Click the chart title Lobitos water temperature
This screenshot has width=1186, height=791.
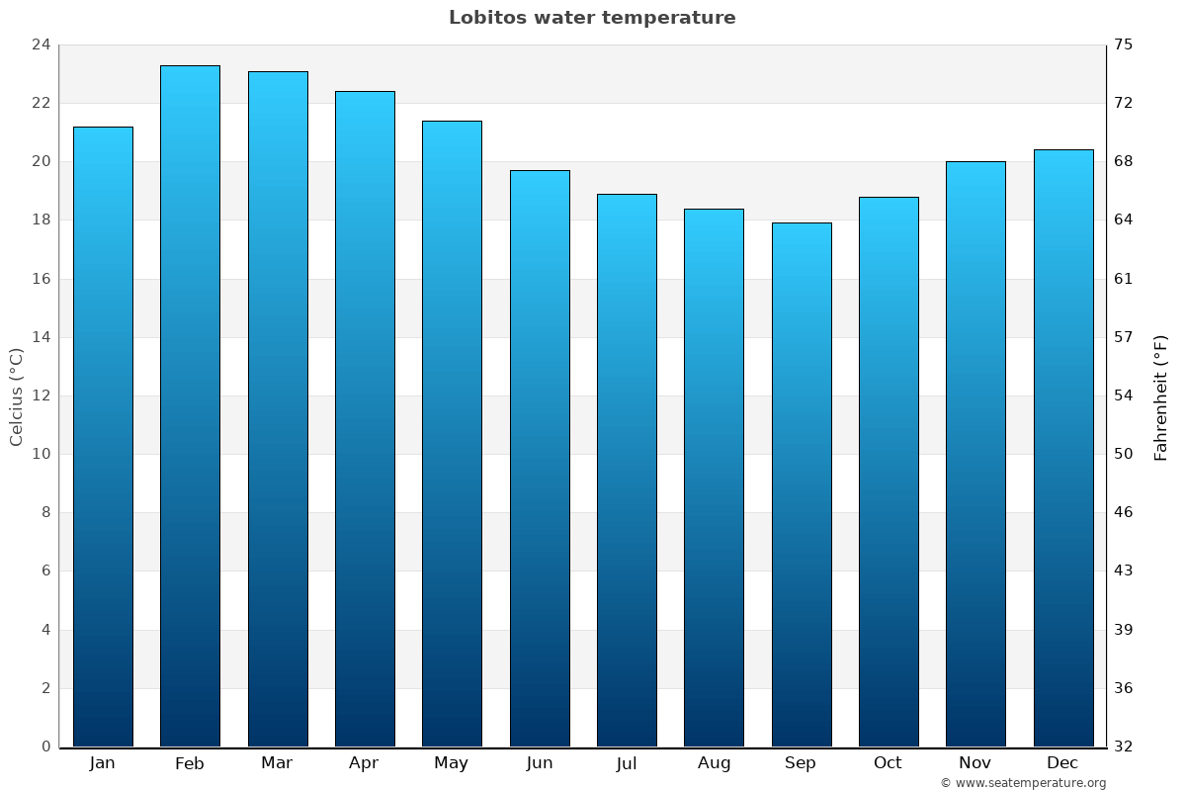[592, 18]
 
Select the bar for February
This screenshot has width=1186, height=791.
[190, 405]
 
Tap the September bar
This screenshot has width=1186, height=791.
[802, 484]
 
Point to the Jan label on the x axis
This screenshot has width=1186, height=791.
[102, 763]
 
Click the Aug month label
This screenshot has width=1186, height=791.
[714, 763]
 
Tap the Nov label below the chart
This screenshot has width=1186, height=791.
[975, 763]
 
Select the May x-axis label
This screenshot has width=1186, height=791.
[452, 763]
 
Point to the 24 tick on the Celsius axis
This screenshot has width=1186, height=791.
[41, 44]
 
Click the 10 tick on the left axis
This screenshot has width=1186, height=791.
[41, 454]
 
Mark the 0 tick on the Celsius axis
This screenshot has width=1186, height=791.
[45, 747]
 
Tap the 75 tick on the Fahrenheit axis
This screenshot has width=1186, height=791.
[1124, 44]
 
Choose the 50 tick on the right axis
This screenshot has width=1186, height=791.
[1124, 454]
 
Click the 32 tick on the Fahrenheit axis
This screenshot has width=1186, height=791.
[1124, 747]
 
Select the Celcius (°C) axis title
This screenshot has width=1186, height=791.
[16, 395]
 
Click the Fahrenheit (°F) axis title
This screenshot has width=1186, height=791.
[1161, 397]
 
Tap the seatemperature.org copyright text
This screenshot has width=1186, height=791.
[1023, 783]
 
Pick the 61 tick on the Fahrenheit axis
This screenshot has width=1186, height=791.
[1124, 279]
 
